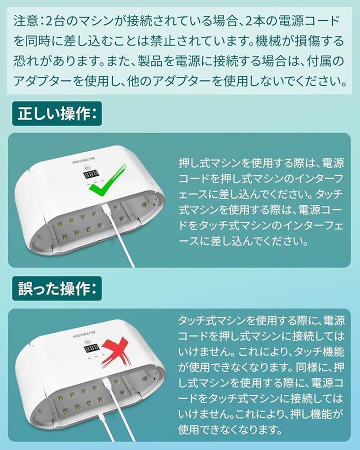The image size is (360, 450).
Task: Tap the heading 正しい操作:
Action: click(57, 113)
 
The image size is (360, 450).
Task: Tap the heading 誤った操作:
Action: click(57, 288)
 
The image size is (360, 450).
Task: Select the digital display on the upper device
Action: click(91, 174)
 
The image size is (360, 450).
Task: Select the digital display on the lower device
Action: click(91, 347)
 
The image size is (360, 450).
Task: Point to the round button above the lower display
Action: click(87, 341)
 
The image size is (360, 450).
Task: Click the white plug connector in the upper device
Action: click(104, 211)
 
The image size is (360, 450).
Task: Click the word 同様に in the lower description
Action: click(313, 367)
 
